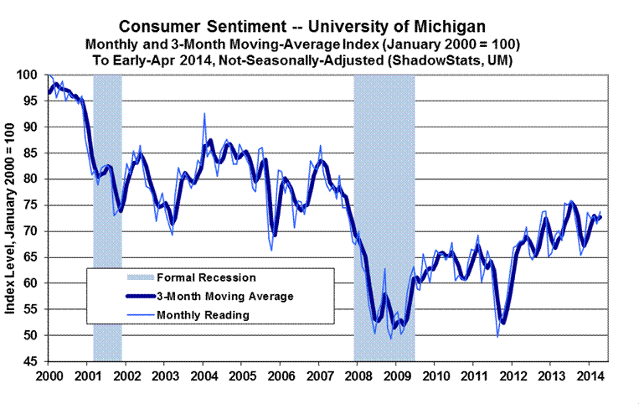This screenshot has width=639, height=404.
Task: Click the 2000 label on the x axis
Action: coord(49,375)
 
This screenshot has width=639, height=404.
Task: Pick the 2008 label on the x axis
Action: coord(357,375)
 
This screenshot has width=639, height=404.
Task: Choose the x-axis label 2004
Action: coord(204,375)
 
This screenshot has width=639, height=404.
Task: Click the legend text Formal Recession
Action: coord(207,277)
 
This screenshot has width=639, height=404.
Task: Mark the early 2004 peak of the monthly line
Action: coord(204,113)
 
